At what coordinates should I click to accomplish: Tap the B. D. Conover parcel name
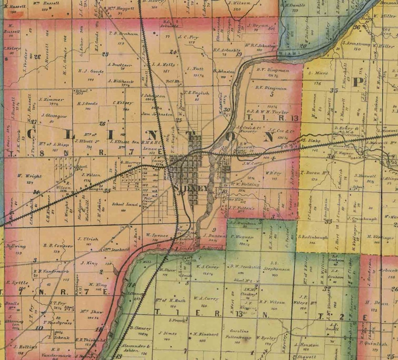click(55, 245)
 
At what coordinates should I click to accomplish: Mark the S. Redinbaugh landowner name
click(312, 236)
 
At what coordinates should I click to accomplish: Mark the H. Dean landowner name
click(373, 302)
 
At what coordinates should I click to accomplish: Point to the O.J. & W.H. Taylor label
click(265, 112)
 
